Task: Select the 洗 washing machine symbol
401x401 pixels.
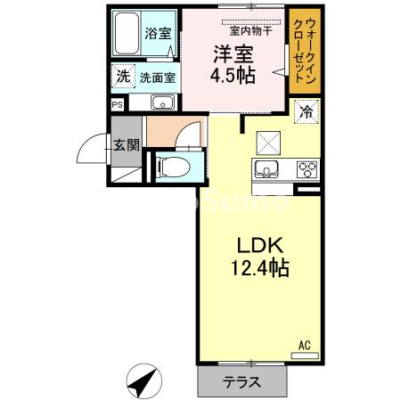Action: pos(121,76)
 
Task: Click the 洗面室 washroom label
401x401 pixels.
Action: pos(157,78)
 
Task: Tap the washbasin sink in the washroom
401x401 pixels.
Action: pos(160,102)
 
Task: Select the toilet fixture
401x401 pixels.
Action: pos(174,165)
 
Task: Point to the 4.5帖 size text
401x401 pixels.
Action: pos(232,75)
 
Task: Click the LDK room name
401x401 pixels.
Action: pos(258,246)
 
